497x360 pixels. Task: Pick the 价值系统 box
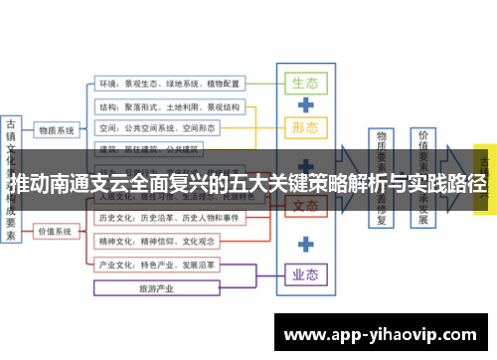(x=57, y=232)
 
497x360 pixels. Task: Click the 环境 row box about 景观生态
(x=169, y=84)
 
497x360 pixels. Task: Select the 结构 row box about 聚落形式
(x=169, y=106)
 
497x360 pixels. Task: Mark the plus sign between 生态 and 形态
(x=306, y=104)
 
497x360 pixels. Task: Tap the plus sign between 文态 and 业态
(x=306, y=242)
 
